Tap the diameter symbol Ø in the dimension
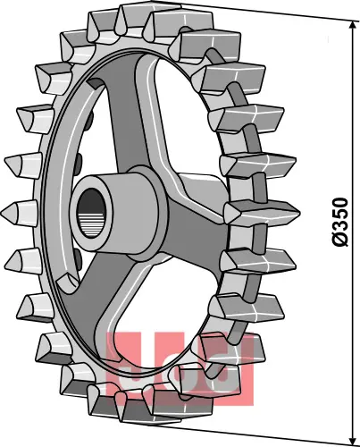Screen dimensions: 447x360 pyautogui.click(x=339, y=242)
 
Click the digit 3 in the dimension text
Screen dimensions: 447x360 pyautogui.click(x=339, y=229)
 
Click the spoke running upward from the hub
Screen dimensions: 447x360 pyautogui.click(x=125, y=116)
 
